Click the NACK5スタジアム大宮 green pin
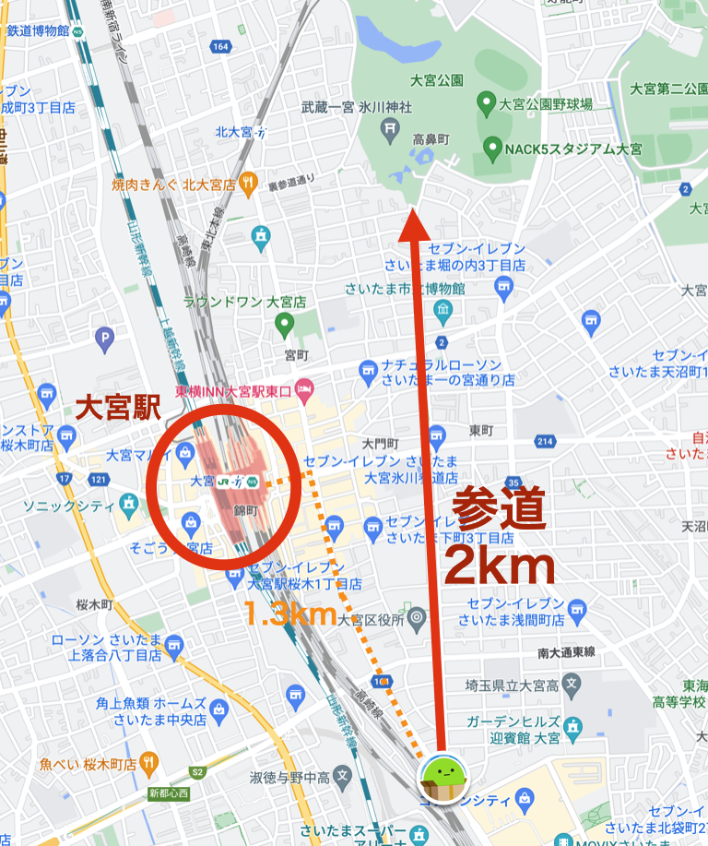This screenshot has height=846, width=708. tap(491, 148)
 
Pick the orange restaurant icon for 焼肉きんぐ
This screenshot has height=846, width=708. tap(247, 185)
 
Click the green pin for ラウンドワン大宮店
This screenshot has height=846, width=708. tap(284, 324)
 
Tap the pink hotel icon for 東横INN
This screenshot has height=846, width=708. tap(303, 392)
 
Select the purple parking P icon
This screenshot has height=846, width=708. tap(106, 339)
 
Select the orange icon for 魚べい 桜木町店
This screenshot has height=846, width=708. tap(151, 764)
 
